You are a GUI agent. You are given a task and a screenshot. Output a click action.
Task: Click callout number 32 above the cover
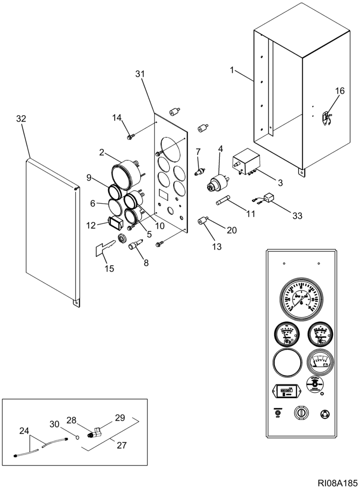(21, 119)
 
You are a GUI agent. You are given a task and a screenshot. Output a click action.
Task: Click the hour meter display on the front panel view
(283, 392)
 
